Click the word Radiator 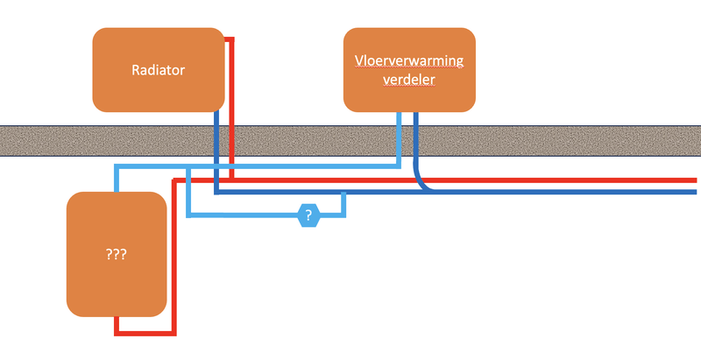(159, 70)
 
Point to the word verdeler (407, 80)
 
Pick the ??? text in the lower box (117, 255)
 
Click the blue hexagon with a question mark (308, 215)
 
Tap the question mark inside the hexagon (308, 215)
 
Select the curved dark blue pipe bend (423, 181)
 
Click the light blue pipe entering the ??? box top (116, 179)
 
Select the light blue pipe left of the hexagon (245, 215)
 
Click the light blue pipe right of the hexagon (333, 215)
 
